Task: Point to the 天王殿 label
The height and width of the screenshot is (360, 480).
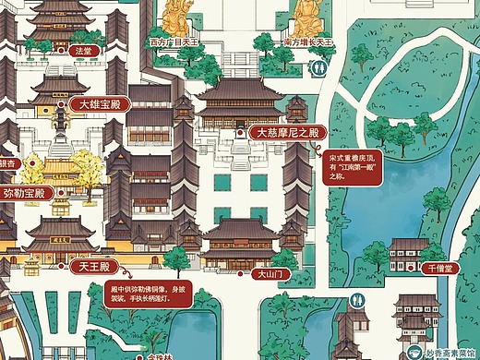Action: (92, 268)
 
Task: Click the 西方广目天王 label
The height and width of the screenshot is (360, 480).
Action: (175, 42)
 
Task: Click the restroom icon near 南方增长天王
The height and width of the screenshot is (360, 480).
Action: (320, 66)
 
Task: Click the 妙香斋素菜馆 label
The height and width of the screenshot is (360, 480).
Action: (452, 352)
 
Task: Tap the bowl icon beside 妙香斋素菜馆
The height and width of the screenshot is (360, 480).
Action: (414, 352)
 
